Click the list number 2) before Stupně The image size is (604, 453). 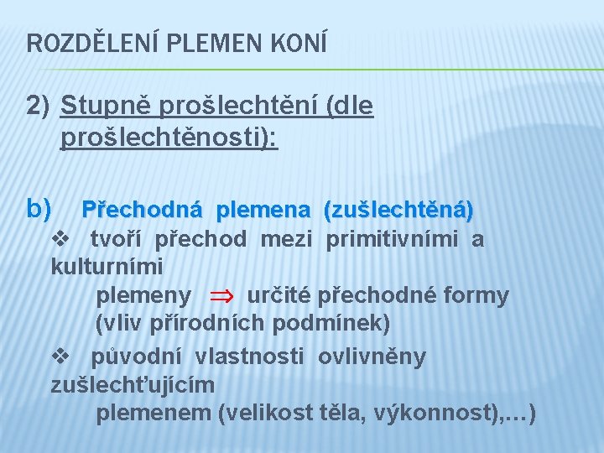39,107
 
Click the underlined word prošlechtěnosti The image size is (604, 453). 168,137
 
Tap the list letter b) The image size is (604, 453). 39,206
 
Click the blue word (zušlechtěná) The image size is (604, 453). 398,207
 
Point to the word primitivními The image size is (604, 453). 392,240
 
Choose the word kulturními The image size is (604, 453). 107,267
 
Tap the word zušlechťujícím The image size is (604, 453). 133,385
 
